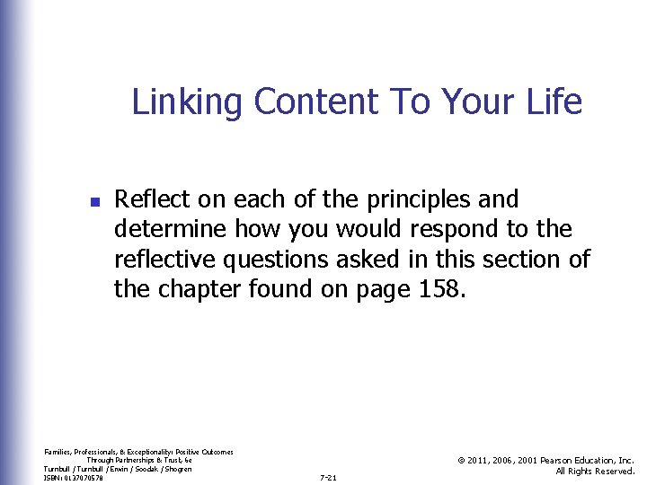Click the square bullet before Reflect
pos(94,199)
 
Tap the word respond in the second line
pos(457,230)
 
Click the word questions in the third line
pos(290,260)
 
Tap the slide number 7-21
pos(328,478)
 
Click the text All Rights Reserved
pos(595,472)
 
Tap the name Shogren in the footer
pos(177,469)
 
